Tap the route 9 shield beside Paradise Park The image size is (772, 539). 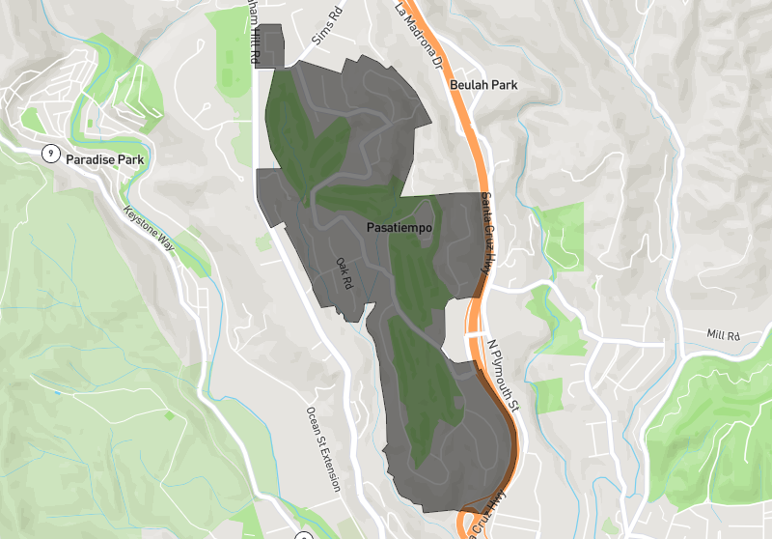(49, 154)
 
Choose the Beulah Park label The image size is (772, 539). (483, 85)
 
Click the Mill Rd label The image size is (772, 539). (722, 335)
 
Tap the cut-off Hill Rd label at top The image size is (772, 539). (253, 32)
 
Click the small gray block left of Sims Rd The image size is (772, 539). (272, 46)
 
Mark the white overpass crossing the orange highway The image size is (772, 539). (473, 332)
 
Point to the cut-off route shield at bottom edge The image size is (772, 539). (304, 534)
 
